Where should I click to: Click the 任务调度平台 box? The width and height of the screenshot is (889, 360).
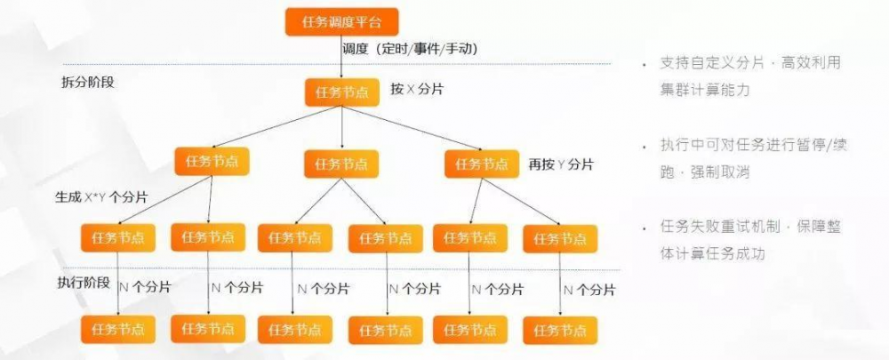coord(341,21)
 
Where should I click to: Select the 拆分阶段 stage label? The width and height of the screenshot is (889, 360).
coord(87,83)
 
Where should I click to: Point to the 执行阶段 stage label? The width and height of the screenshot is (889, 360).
coord(84,283)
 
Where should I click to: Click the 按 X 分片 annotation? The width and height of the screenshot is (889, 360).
coord(418,91)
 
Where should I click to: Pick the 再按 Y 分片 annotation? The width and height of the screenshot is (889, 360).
coord(561,164)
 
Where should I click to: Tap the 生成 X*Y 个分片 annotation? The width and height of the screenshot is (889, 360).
coord(101,196)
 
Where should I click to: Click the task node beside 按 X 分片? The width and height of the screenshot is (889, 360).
coord(342,92)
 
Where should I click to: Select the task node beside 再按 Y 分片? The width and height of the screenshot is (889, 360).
coord(482,163)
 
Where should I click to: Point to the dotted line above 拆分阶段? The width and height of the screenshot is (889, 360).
coord(338,63)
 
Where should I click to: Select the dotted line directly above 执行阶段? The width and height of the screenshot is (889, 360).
coord(338,269)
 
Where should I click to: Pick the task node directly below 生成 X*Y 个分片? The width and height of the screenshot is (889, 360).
coord(118,237)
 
